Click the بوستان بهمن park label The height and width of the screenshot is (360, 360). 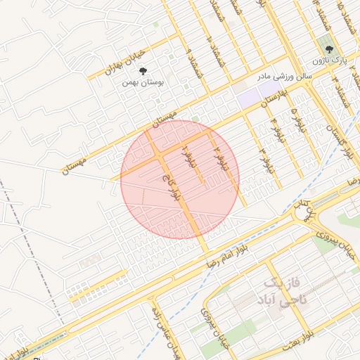(x=143, y=82)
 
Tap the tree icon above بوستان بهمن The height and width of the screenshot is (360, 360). (x=143, y=71)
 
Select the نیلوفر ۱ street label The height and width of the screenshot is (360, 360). (x=187, y=159)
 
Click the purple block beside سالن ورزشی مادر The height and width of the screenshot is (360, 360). (x=247, y=98)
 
